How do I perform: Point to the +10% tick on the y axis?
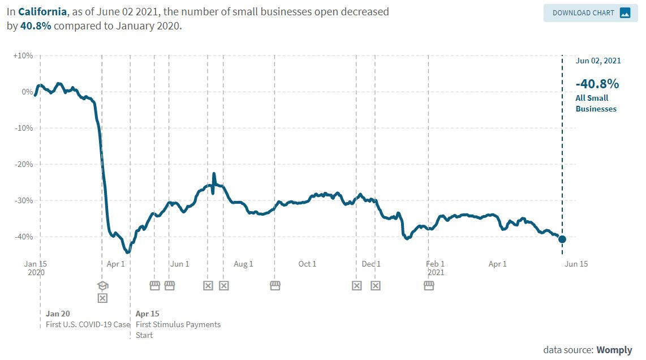coord(24,55)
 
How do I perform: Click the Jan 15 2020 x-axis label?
coord(35,268)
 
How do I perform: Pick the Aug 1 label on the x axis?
coord(243,264)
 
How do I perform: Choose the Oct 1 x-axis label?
coord(307,264)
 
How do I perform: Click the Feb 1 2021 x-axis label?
coord(435,268)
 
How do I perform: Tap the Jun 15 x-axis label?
coord(576,264)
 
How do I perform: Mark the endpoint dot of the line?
coord(562,239)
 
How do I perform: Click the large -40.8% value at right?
coord(597,84)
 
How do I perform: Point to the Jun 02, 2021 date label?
coord(597,61)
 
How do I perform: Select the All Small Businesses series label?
coord(596,103)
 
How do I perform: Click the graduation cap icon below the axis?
coord(102,285)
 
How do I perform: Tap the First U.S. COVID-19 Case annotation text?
coord(88,325)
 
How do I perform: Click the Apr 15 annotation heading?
coord(148,314)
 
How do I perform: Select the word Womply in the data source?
coord(614,350)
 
